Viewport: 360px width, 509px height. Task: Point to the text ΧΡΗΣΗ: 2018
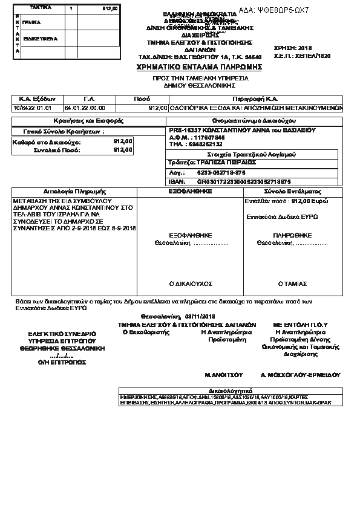292,47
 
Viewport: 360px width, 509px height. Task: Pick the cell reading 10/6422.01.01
28,108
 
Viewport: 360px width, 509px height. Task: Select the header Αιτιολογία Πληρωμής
75,190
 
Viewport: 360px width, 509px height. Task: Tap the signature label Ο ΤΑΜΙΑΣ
292,283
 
